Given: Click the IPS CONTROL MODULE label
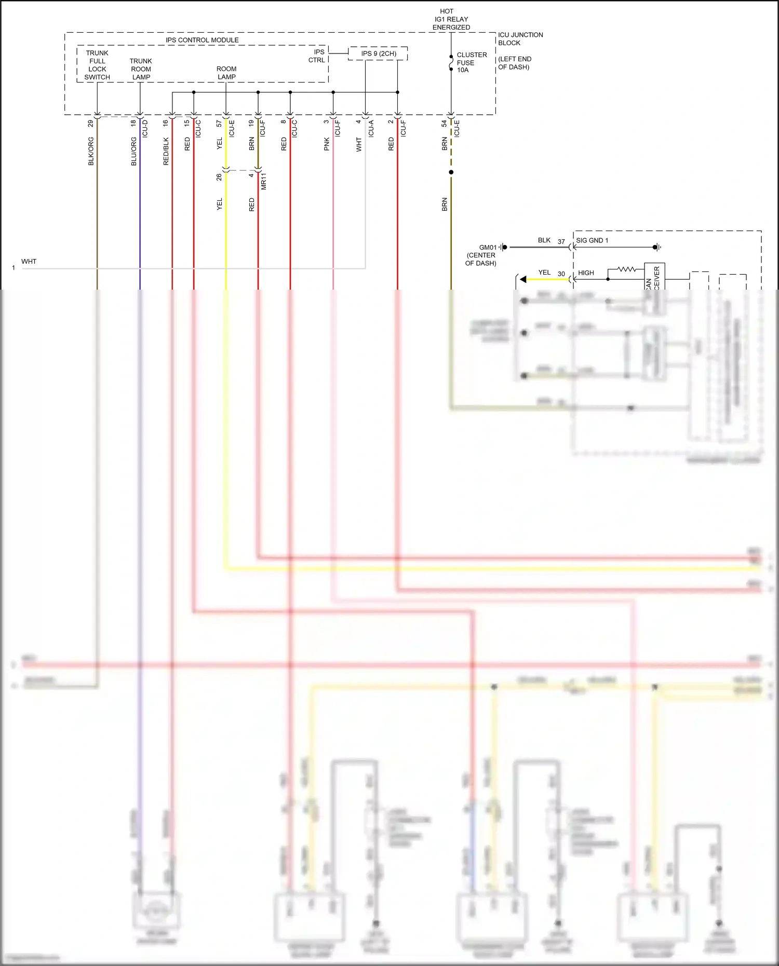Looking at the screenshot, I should pos(202,40).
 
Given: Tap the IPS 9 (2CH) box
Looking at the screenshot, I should pos(378,53).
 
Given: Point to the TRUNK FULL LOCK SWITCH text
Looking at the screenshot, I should pos(97,65).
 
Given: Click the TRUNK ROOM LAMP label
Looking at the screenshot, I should pos(141,69).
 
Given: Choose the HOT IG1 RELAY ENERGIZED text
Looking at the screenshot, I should pos(451,19).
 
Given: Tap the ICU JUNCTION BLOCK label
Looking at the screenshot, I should pos(520,39).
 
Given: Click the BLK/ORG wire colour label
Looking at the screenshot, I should pos(91,151).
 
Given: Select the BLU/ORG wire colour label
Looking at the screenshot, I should pos(133,151).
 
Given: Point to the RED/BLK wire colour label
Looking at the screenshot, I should pos(166,151).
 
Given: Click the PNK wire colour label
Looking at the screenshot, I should pos(327,144).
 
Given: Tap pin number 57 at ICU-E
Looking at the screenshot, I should pos(219,124).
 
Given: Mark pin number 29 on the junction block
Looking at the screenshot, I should pos(90,124).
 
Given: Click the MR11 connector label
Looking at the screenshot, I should pos(263,181).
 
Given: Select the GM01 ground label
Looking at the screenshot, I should pos(488,248).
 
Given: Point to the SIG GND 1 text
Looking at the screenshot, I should pos(592,240).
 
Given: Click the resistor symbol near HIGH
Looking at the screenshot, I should pos(626,269).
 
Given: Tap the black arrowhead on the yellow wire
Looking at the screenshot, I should pos(523,279).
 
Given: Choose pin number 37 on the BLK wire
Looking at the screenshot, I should pos(561,241).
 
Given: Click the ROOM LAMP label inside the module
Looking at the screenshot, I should pos(226,73).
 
